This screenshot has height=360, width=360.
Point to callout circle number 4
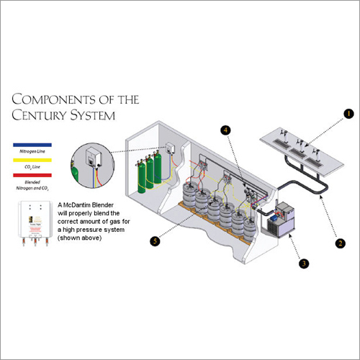225,130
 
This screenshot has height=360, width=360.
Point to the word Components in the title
53,99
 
